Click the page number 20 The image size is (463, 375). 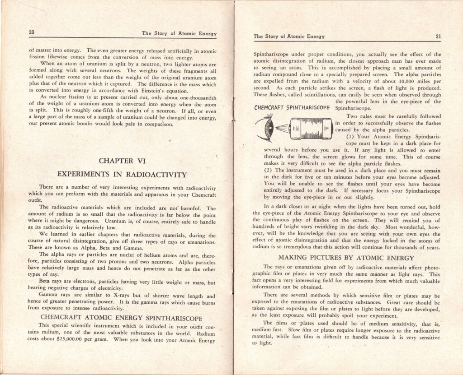coord(32,32)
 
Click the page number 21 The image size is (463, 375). coord(438,37)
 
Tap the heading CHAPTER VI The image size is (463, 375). coord(123,161)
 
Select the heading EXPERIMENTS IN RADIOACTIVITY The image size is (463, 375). coord(122,175)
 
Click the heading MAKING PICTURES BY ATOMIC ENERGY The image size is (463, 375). coord(346,258)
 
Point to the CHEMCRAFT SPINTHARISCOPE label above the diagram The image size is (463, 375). coord(292,108)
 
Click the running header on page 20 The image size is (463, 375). coord(179,33)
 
